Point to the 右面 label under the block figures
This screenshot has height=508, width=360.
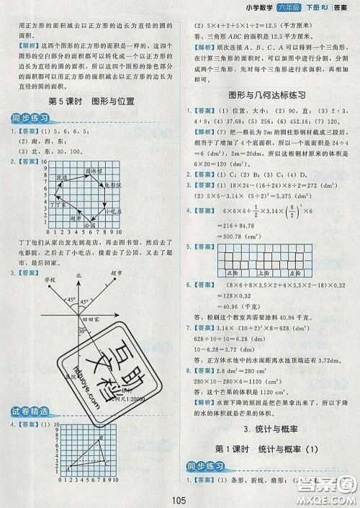click(318, 274)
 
